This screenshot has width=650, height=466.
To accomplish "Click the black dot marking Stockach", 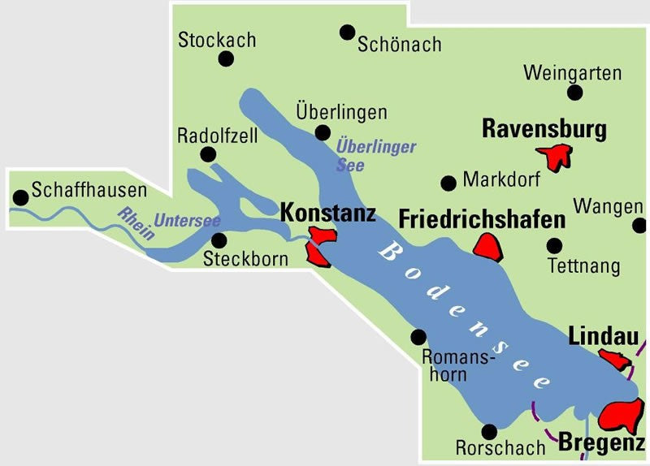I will [226, 59].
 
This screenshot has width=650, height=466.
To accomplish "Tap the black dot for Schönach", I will [348, 32].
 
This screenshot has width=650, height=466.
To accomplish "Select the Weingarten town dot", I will [575, 92].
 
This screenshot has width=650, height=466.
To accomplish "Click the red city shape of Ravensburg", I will [557, 156].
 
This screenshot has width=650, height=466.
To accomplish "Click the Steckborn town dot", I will [219, 239].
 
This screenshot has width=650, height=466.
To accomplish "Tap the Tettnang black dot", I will [555, 245].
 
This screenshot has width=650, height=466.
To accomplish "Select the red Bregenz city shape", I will [622, 416].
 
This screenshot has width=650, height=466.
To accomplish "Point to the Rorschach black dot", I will [489, 432].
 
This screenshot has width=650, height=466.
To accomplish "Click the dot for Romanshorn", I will [419, 336].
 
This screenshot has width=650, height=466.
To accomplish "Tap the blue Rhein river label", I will [136, 224].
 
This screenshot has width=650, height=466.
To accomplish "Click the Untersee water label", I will [188, 220].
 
